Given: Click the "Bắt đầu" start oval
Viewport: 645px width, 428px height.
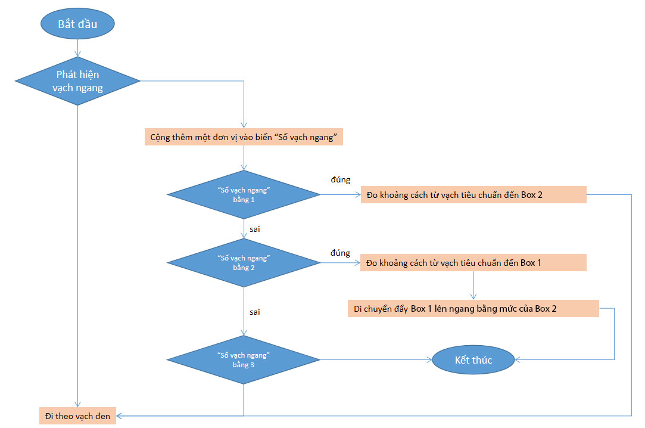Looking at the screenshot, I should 77,24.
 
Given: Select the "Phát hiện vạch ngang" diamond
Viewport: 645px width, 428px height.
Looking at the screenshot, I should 77,81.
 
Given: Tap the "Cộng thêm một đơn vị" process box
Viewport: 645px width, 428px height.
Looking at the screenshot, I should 244,137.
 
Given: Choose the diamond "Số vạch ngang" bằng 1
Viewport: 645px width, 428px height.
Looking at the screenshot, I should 244,194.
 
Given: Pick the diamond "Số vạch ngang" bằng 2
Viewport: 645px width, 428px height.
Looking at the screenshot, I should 244,262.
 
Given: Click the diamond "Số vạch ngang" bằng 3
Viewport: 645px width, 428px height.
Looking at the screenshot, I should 244,359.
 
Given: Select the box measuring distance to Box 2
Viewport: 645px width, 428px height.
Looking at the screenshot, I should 473,195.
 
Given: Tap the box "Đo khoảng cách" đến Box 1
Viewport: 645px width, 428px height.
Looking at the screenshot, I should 473,262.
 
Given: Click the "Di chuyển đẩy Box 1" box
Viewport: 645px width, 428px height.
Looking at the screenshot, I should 473,308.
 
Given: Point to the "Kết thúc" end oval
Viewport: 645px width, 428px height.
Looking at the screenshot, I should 473,360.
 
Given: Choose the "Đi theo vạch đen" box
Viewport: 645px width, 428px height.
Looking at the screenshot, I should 77,415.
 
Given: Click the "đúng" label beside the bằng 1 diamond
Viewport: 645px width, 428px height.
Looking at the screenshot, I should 340,179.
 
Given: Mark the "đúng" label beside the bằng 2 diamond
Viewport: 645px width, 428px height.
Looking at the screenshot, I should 340,253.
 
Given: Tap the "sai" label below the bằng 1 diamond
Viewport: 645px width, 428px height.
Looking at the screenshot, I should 255,229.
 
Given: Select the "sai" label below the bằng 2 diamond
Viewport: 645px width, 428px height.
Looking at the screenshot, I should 255,312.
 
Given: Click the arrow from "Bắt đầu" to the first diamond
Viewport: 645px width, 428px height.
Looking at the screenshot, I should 77,48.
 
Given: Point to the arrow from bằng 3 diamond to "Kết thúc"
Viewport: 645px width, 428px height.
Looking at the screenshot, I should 375,359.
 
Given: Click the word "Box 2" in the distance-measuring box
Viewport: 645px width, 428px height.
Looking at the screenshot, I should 531,195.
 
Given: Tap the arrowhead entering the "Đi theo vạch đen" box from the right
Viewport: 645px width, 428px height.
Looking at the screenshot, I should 121,415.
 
